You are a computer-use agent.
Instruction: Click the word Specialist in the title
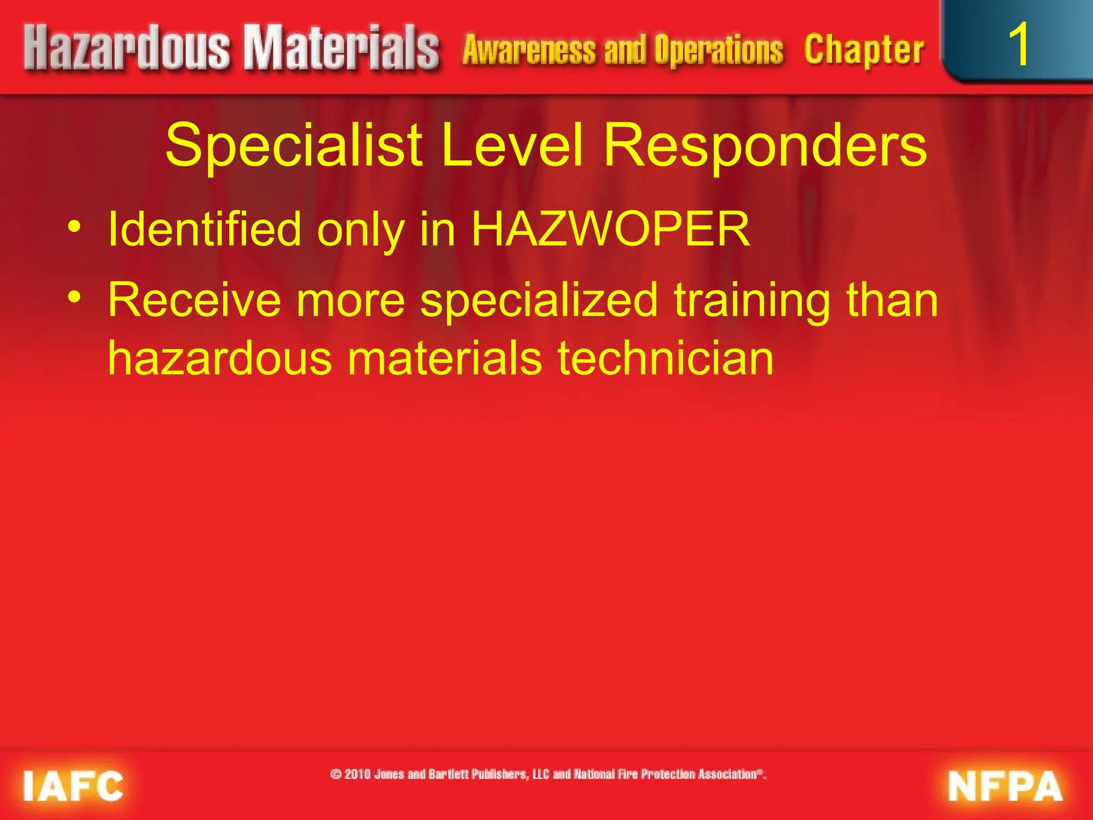click(294, 145)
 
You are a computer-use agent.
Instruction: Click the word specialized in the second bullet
click(539, 301)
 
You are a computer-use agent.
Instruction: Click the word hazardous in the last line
click(220, 359)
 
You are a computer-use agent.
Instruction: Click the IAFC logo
click(73, 786)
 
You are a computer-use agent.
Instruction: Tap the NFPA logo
click(1004, 786)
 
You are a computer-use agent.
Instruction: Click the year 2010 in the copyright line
click(358, 774)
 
